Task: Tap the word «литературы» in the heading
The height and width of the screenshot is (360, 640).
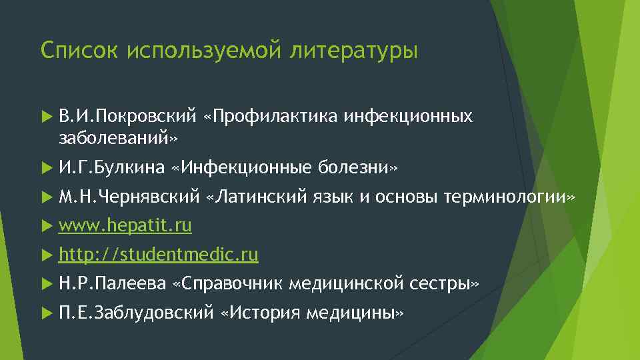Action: point(354,51)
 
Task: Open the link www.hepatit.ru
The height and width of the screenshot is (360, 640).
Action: point(125,226)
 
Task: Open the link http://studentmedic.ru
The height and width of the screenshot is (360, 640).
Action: point(159,255)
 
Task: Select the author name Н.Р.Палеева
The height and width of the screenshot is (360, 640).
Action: point(111,284)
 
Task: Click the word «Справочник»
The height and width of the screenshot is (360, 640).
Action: point(229,284)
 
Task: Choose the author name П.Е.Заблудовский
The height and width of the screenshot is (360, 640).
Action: point(136,313)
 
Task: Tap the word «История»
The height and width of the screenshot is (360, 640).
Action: point(260,313)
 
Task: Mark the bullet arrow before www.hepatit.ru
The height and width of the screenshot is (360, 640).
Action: point(45,227)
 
